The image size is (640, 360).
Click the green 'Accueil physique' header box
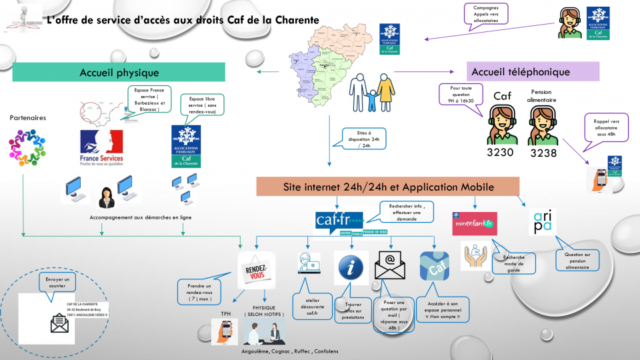click(x=119, y=72)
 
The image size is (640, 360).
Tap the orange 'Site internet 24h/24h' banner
click(x=387, y=187)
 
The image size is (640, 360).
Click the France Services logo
click(x=101, y=148)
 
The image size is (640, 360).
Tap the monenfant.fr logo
click(x=474, y=223)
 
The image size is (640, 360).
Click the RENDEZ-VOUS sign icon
click(x=257, y=269)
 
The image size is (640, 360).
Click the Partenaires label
click(x=27, y=118)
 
